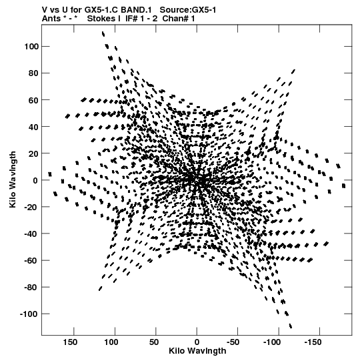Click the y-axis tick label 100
[x=31, y=47]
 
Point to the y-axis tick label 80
[x=33, y=73]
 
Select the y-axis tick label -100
[x=29, y=314]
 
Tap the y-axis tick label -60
[x=31, y=261]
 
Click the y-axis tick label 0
[x=35, y=180]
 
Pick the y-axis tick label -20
[x=31, y=207]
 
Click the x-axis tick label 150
[x=70, y=342]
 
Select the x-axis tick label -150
[x=313, y=342]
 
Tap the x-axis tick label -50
[x=233, y=342]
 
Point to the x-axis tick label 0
[x=197, y=342]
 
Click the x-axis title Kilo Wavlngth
[x=197, y=351]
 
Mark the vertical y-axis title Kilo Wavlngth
[x=13, y=179]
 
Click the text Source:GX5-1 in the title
[x=188, y=10]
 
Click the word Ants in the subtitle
[x=51, y=19]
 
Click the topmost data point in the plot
[x=103, y=34]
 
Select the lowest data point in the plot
[x=290, y=326]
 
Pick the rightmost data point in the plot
[x=344, y=186]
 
